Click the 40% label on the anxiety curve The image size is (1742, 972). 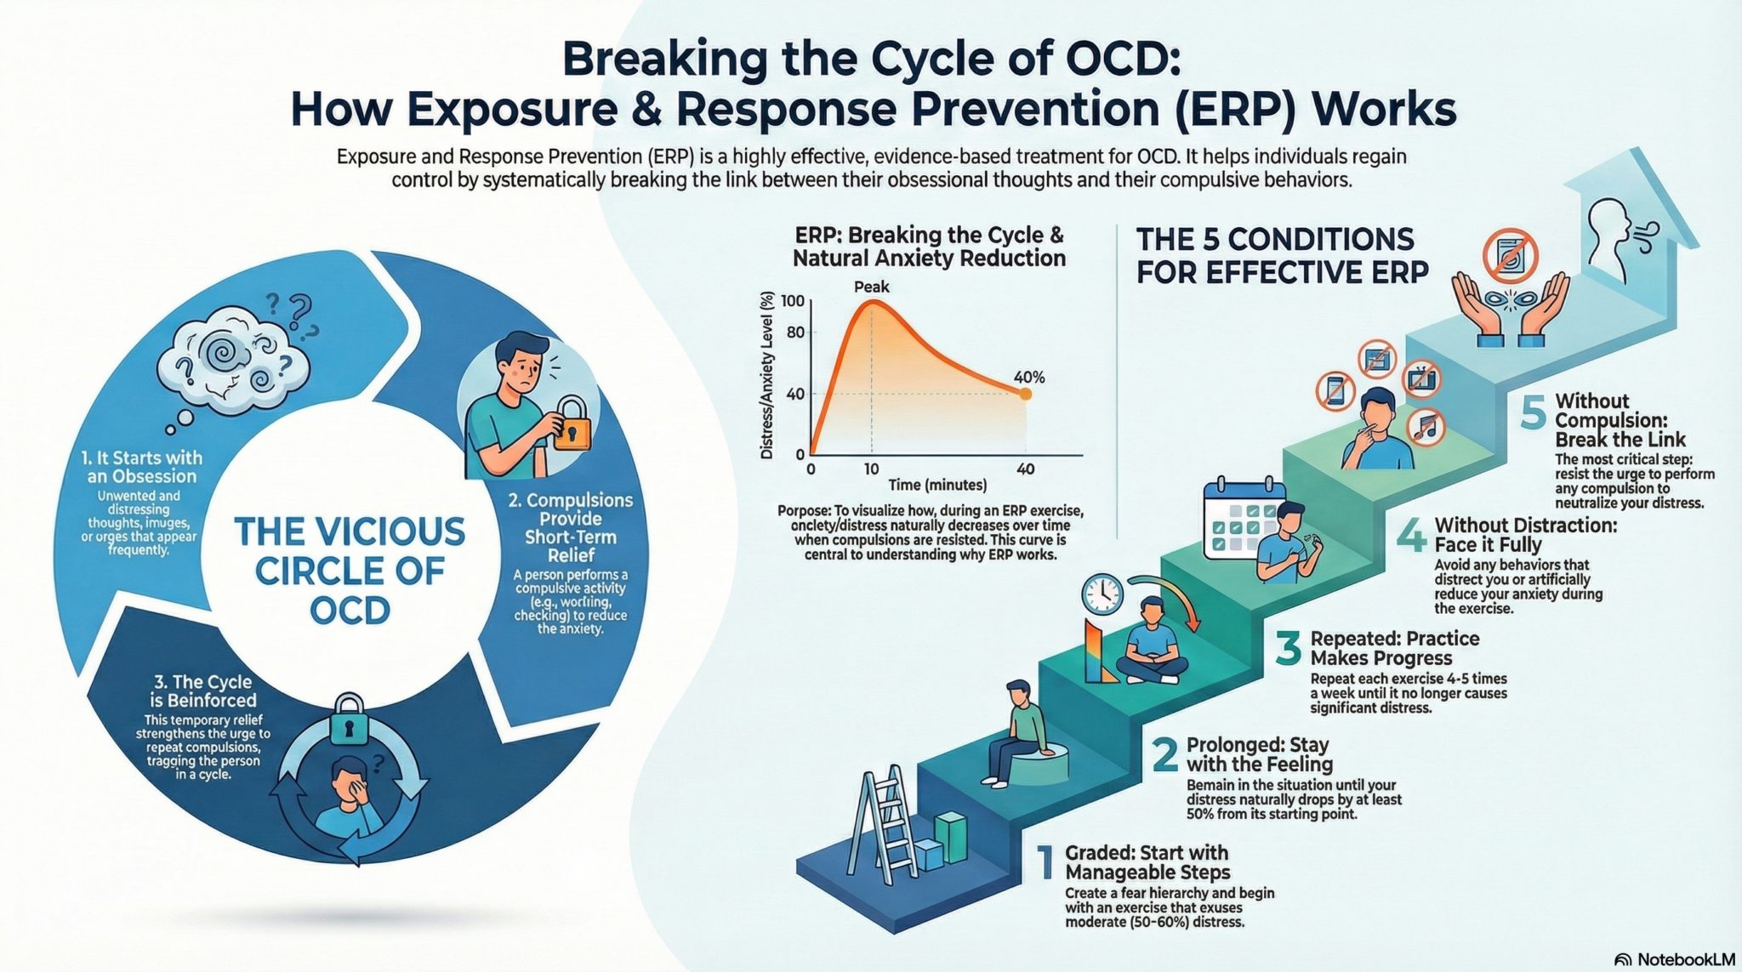1028,377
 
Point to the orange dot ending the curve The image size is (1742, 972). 1025,394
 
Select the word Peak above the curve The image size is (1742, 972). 871,287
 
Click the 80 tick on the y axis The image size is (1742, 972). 795,333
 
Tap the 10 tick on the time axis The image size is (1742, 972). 871,469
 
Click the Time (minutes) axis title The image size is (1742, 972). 937,486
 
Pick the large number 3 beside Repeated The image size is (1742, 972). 1288,648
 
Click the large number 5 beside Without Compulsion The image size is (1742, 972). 1533,413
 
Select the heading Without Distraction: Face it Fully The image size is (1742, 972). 1525,535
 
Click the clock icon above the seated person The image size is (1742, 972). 1102,594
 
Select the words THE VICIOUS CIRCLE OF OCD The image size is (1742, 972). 350,570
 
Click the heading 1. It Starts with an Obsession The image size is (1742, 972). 142,467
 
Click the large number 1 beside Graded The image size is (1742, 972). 1045,862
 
